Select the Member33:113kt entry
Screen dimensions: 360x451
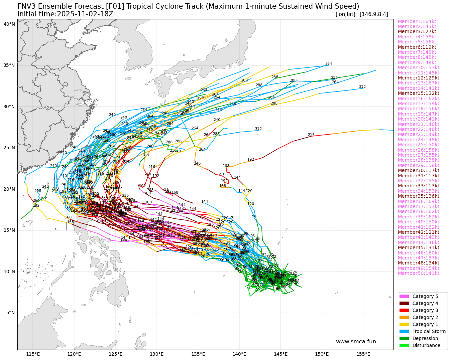pyautogui.click(x=418, y=186)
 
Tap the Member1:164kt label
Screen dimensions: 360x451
pyautogui.click(x=417, y=21)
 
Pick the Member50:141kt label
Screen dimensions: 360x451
pyautogui.click(x=418, y=273)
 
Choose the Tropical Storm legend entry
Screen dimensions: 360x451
pyautogui.click(x=429, y=331)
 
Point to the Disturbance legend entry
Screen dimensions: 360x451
pyautogui.click(x=426, y=345)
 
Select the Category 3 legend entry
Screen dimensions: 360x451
pyautogui.click(x=425, y=310)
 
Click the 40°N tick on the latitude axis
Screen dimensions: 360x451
pyautogui.click(x=9, y=24)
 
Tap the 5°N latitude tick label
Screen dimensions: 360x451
pyautogui.click(x=10, y=313)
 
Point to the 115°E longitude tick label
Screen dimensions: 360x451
pyautogui.click(x=33, y=354)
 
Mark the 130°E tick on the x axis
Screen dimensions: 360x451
pyautogui.click(x=156, y=354)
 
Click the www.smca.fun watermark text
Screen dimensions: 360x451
pyautogui.click(x=356, y=342)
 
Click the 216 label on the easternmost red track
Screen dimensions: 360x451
pyautogui.click(x=311, y=135)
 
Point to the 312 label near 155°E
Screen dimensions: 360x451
pyautogui.click(x=362, y=87)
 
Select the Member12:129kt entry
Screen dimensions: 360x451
pyautogui.click(x=418, y=78)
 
